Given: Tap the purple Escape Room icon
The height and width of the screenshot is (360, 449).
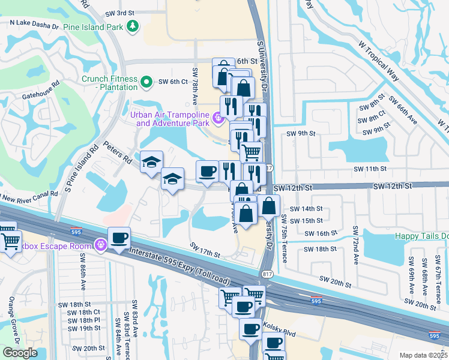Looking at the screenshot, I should [100, 245].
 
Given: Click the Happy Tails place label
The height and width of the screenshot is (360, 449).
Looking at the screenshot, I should [421, 236].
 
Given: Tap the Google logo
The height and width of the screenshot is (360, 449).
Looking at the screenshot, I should [20, 353].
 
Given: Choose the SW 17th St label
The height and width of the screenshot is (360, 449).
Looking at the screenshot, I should [205, 250].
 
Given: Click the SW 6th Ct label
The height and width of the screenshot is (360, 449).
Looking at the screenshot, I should [173, 82].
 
